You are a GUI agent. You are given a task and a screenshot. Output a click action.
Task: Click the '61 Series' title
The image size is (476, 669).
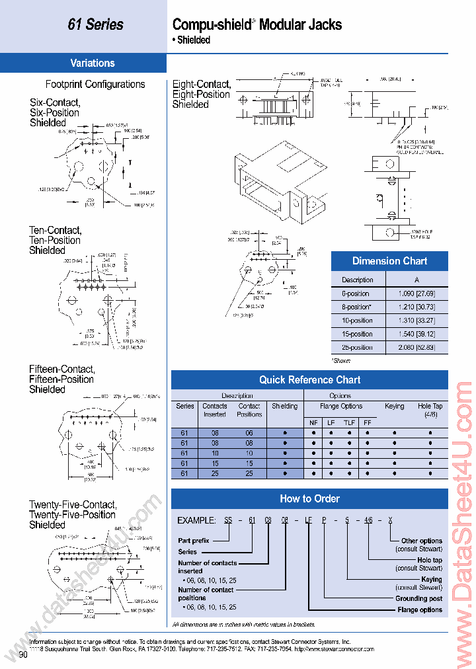(x=95, y=24)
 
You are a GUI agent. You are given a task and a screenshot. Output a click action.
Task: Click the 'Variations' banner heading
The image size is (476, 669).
(x=93, y=63)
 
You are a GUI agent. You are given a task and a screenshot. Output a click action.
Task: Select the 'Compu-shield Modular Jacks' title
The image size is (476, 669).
(x=257, y=25)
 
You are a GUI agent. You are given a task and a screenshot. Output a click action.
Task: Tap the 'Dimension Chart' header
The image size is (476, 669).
(x=389, y=261)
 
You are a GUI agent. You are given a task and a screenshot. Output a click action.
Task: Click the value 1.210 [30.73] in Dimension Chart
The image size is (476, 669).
(x=416, y=307)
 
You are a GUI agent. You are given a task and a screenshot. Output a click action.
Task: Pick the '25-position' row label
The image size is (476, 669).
(x=357, y=348)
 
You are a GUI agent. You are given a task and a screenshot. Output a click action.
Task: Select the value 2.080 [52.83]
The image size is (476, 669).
(x=416, y=348)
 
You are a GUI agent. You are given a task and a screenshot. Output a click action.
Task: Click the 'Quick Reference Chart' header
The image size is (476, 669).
(x=309, y=380)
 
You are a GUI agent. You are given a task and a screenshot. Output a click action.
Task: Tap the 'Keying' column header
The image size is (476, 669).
(x=394, y=407)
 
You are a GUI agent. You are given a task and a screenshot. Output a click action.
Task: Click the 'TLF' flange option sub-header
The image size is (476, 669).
(x=349, y=422)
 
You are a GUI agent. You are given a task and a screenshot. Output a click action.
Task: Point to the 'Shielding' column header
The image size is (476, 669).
(x=285, y=407)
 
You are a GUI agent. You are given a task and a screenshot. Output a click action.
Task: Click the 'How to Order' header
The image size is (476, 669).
(x=309, y=499)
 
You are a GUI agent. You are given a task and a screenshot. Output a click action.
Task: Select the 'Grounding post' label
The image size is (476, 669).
(x=418, y=598)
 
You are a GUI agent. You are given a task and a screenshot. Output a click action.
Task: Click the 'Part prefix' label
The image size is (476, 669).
(x=194, y=540)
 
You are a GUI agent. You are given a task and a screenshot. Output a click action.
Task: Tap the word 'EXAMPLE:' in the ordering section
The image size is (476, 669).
(x=198, y=520)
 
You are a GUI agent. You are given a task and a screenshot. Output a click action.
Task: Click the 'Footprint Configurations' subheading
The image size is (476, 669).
(x=95, y=85)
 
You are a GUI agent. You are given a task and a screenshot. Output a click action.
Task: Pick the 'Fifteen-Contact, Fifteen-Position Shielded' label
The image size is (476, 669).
(x=61, y=379)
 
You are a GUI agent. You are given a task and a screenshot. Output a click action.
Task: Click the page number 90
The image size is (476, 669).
(x=23, y=654)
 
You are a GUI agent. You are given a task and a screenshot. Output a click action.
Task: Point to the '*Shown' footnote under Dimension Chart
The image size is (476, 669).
(x=341, y=360)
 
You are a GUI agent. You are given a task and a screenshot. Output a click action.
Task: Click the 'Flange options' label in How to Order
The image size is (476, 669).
(x=420, y=610)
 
